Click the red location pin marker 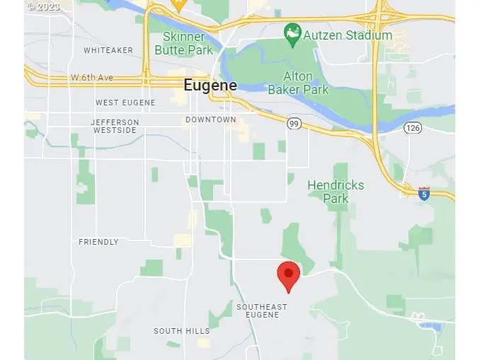coord(288,274)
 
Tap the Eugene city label coord(210,86)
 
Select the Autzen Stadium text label coord(347,35)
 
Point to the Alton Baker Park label coord(298,83)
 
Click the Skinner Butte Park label coord(184,43)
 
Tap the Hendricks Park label coord(336,192)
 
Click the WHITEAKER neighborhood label coord(108,50)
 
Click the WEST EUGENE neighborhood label coord(125,103)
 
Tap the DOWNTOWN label coord(210,120)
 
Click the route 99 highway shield coord(295,124)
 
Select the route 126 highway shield coord(413,128)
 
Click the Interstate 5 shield coord(423,194)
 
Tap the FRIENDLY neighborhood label coord(98,242)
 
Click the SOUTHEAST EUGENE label coord(262,310)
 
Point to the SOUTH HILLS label coord(181,331)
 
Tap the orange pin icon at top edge coord(179,5)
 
